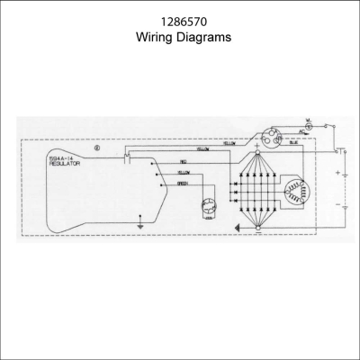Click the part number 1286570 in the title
(179, 21)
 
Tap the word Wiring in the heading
(155, 39)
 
